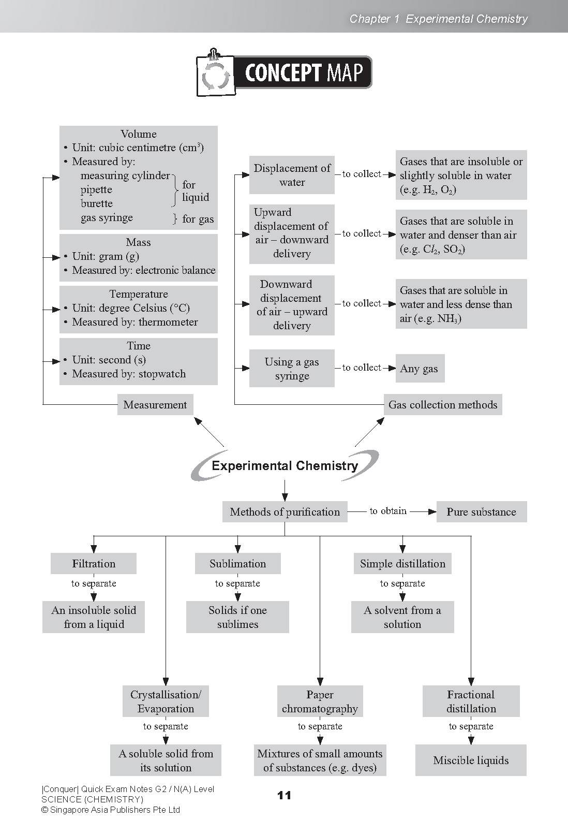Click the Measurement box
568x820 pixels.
click(x=155, y=405)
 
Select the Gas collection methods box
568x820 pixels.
click(x=442, y=405)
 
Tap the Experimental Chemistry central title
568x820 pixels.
click(x=285, y=465)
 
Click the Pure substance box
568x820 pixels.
click(x=481, y=512)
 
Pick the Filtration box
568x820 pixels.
click(x=94, y=564)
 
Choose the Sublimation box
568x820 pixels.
click(x=237, y=564)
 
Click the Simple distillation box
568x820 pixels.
click(x=402, y=564)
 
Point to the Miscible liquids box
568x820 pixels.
click(x=471, y=760)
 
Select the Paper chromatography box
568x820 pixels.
click(x=320, y=701)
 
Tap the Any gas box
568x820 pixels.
click(x=419, y=369)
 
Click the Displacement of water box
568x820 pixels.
click(x=292, y=175)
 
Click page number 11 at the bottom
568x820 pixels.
click(x=284, y=795)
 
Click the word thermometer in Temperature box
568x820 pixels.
click(x=168, y=322)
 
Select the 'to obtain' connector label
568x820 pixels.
click(x=388, y=511)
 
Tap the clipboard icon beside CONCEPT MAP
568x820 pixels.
click(x=214, y=74)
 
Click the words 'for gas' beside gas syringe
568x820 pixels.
click(x=198, y=219)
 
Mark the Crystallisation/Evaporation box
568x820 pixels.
click(x=166, y=701)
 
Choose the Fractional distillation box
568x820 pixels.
click(x=471, y=701)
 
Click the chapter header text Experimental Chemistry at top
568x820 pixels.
click(x=467, y=19)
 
